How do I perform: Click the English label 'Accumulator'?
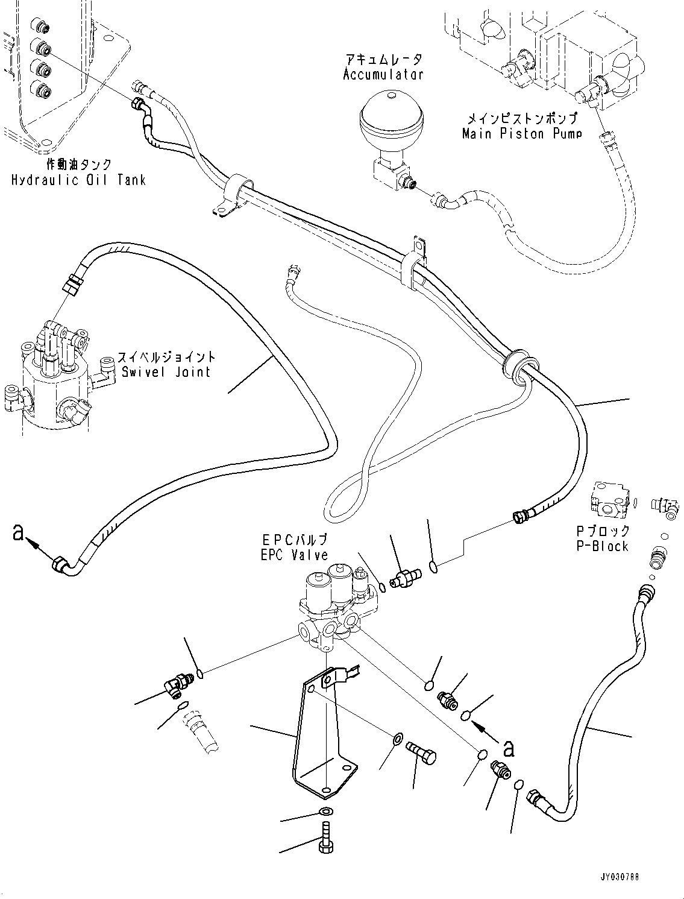[383, 75]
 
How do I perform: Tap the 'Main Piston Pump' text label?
[522, 133]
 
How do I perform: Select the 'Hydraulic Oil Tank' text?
[78, 180]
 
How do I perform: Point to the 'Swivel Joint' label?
[166, 371]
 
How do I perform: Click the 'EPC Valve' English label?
[294, 555]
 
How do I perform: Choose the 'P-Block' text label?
[602, 546]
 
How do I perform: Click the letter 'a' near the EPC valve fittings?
[509, 748]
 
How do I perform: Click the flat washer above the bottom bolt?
[324, 811]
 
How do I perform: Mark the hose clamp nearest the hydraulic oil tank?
[233, 193]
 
